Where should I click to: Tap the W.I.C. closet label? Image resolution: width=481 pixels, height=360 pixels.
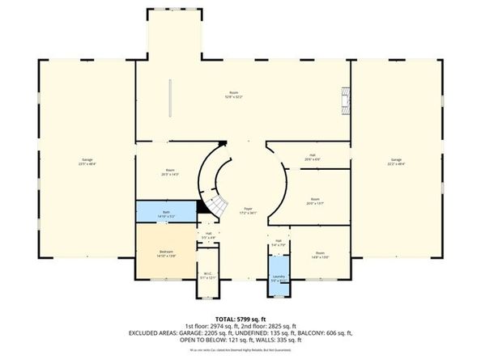(208, 275)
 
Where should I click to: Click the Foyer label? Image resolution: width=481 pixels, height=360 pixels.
(247, 210)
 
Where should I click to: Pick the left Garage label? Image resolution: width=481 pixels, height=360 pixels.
(87, 160)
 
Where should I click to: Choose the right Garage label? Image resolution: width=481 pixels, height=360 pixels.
(396, 160)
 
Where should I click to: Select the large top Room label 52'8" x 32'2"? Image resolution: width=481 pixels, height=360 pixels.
(236, 95)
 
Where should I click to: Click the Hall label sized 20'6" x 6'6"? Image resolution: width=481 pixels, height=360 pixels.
(312, 157)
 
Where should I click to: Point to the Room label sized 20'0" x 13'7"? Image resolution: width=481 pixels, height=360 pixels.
(315, 200)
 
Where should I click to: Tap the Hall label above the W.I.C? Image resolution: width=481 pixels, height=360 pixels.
(208, 235)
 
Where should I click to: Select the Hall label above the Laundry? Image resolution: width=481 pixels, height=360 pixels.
(278, 242)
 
